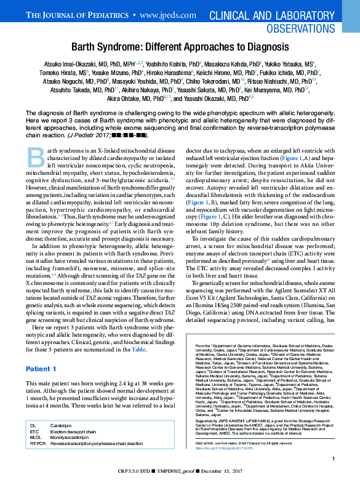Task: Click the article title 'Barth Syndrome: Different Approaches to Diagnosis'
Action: [x=180, y=47]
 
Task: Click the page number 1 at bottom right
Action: [x=332, y=459]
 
